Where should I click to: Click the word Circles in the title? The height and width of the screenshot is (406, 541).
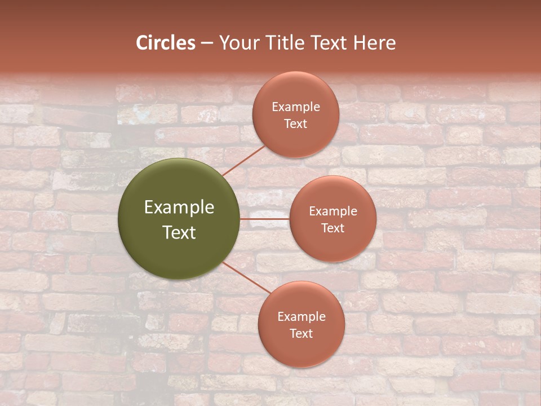tap(166, 43)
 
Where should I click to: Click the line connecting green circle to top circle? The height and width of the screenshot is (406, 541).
tap(243, 160)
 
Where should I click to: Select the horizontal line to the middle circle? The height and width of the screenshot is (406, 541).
tap(264, 218)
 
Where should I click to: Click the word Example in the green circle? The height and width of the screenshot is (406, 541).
tap(179, 208)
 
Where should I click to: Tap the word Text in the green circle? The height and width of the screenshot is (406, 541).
tap(179, 232)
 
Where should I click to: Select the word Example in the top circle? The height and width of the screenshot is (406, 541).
tap(296, 107)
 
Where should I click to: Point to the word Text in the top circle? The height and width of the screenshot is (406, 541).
tap(295, 123)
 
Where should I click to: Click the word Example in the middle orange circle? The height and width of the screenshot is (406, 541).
tap(333, 211)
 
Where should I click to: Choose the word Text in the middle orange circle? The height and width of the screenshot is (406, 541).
tap(332, 228)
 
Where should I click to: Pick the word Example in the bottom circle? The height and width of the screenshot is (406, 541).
tap(301, 317)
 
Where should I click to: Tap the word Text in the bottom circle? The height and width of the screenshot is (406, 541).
tap(301, 333)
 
